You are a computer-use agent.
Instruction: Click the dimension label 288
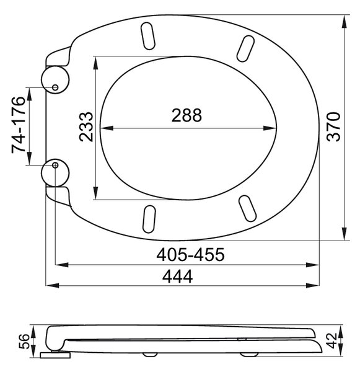pyautogui.click(x=187, y=115)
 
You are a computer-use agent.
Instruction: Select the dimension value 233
pyautogui.click(x=86, y=127)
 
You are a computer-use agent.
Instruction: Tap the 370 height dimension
pyautogui.click(x=333, y=127)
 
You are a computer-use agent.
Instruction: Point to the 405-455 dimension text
pyautogui.click(x=190, y=255)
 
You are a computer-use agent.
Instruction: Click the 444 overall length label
pyautogui.click(x=177, y=277)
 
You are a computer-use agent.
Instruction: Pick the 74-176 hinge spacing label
pyautogui.click(x=18, y=125)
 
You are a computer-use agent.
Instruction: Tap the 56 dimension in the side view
pyautogui.click(x=24, y=342)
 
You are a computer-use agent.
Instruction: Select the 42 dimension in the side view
pyautogui.click(x=331, y=340)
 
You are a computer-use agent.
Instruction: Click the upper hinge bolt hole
pyautogui.click(x=55, y=87)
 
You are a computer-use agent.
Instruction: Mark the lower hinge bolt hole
pyautogui.click(x=55, y=165)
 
